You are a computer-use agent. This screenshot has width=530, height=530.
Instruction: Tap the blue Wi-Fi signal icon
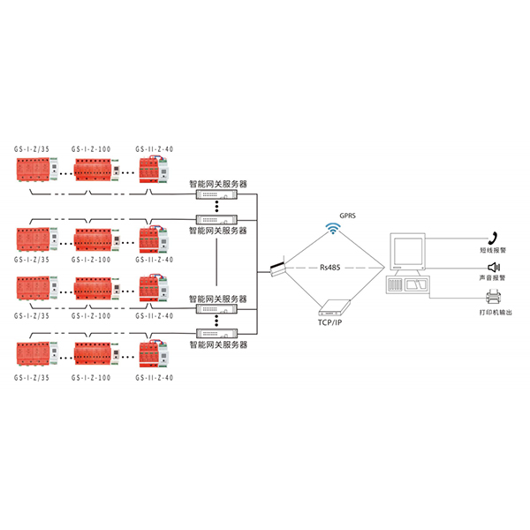333,231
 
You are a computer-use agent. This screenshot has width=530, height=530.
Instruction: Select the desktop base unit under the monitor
411,285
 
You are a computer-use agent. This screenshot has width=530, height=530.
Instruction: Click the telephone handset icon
495,236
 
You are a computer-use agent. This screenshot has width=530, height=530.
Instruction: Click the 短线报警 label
495,250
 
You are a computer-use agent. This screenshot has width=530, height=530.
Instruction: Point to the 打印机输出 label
495,312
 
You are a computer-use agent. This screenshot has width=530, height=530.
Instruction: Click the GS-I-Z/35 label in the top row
32,149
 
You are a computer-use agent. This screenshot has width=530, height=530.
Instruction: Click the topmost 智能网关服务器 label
218,184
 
